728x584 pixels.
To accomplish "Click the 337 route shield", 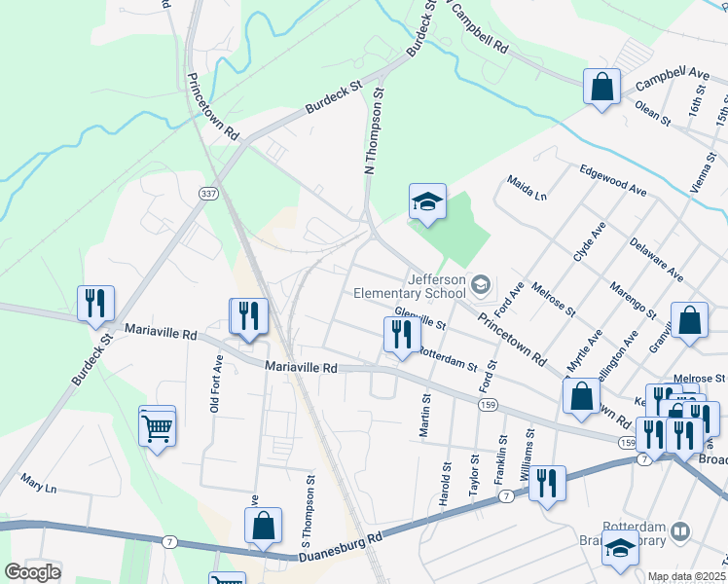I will (x=207, y=195).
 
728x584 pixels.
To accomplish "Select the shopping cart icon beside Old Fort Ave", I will (x=157, y=425).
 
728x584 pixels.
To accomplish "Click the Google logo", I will (x=32, y=572).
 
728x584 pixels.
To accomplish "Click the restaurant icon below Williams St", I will (x=547, y=484).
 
